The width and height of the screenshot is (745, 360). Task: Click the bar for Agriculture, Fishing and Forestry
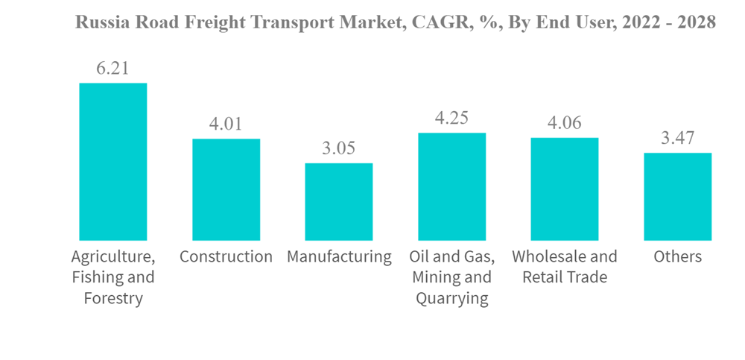pyautogui.click(x=113, y=162)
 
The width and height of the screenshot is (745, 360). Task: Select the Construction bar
pyautogui.click(x=226, y=189)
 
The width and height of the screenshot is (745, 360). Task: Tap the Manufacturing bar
pyautogui.click(x=339, y=201)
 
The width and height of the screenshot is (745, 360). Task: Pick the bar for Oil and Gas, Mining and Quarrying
pyautogui.click(x=451, y=186)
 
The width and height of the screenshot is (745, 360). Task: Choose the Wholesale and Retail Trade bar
pyautogui.click(x=565, y=189)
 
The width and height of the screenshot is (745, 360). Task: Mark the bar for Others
pyautogui.click(x=677, y=196)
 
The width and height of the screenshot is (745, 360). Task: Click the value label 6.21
pyautogui.click(x=113, y=69)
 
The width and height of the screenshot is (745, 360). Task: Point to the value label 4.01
pyautogui.click(x=226, y=124)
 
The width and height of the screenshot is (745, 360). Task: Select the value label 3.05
pyautogui.click(x=339, y=148)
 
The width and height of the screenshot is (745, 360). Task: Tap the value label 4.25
pyautogui.click(x=451, y=118)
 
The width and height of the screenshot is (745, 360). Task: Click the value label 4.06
pyautogui.click(x=565, y=122)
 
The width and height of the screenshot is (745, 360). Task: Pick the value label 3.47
pyautogui.click(x=677, y=138)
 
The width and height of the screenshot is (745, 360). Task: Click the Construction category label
pyautogui.click(x=226, y=257)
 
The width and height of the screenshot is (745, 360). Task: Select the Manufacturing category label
pyautogui.click(x=339, y=257)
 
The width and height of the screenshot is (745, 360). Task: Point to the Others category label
pyautogui.click(x=677, y=257)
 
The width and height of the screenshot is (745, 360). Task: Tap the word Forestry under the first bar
pyautogui.click(x=113, y=299)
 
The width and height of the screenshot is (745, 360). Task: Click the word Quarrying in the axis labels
pyautogui.click(x=451, y=299)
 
